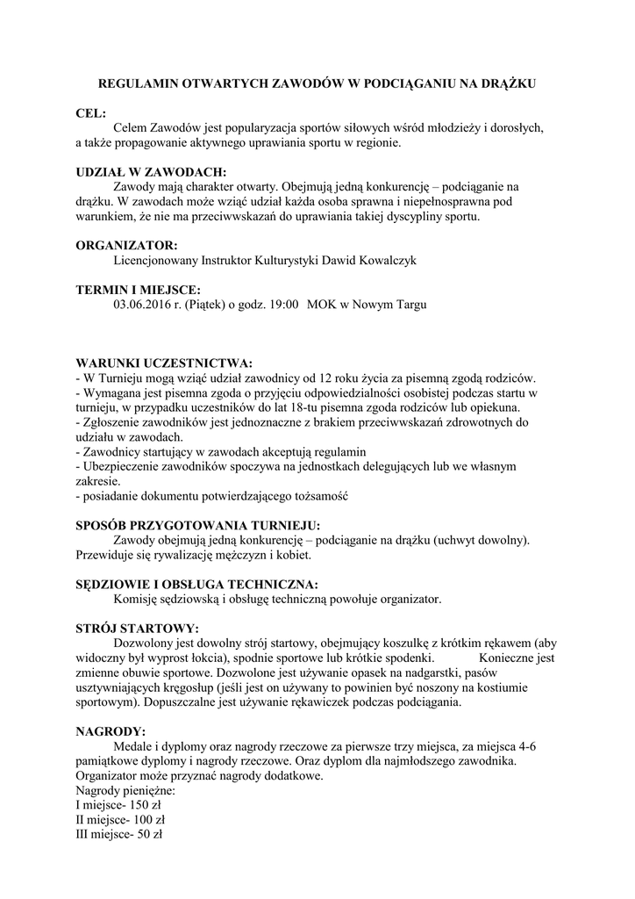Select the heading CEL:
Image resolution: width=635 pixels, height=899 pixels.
(x=90, y=113)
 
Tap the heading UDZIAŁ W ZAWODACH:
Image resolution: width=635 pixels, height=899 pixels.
(x=151, y=172)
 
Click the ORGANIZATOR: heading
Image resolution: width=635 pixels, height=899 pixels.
(x=126, y=245)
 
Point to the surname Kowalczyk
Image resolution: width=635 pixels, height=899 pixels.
(x=386, y=260)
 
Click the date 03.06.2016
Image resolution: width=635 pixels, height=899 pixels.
(x=143, y=304)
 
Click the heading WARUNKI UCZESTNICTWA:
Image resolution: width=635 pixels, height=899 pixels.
(x=164, y=363)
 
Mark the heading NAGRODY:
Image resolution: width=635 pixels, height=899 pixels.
(x=111, y=731)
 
